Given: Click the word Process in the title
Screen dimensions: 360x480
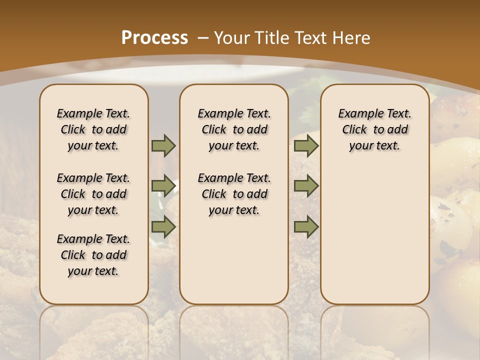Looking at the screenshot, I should (x=154, y=38).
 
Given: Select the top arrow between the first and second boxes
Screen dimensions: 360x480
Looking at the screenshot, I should (x=163, y=146).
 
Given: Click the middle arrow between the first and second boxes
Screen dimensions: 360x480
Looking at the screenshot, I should (x=163, y=186).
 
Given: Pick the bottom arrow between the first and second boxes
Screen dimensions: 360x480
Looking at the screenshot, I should (x=163, y=227).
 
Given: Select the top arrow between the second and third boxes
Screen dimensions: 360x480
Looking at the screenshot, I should (x=306, y=146).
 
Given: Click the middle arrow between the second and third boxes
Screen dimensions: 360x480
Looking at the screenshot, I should (x=306, y=186).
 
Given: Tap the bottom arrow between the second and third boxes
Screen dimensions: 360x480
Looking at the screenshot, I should (x=306, y=227).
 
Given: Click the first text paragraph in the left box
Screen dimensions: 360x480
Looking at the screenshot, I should (x=93, y=129).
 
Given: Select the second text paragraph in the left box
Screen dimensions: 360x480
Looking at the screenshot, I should (x=93, y=194).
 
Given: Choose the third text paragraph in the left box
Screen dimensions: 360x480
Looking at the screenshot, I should (x=93, y=255).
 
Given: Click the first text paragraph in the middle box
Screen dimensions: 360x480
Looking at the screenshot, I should (x=234, y=129).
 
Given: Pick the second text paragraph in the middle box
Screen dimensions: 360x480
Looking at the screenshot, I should (x=234, y=194).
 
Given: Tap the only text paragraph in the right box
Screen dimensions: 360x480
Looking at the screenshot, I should (x=374, y=129).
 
